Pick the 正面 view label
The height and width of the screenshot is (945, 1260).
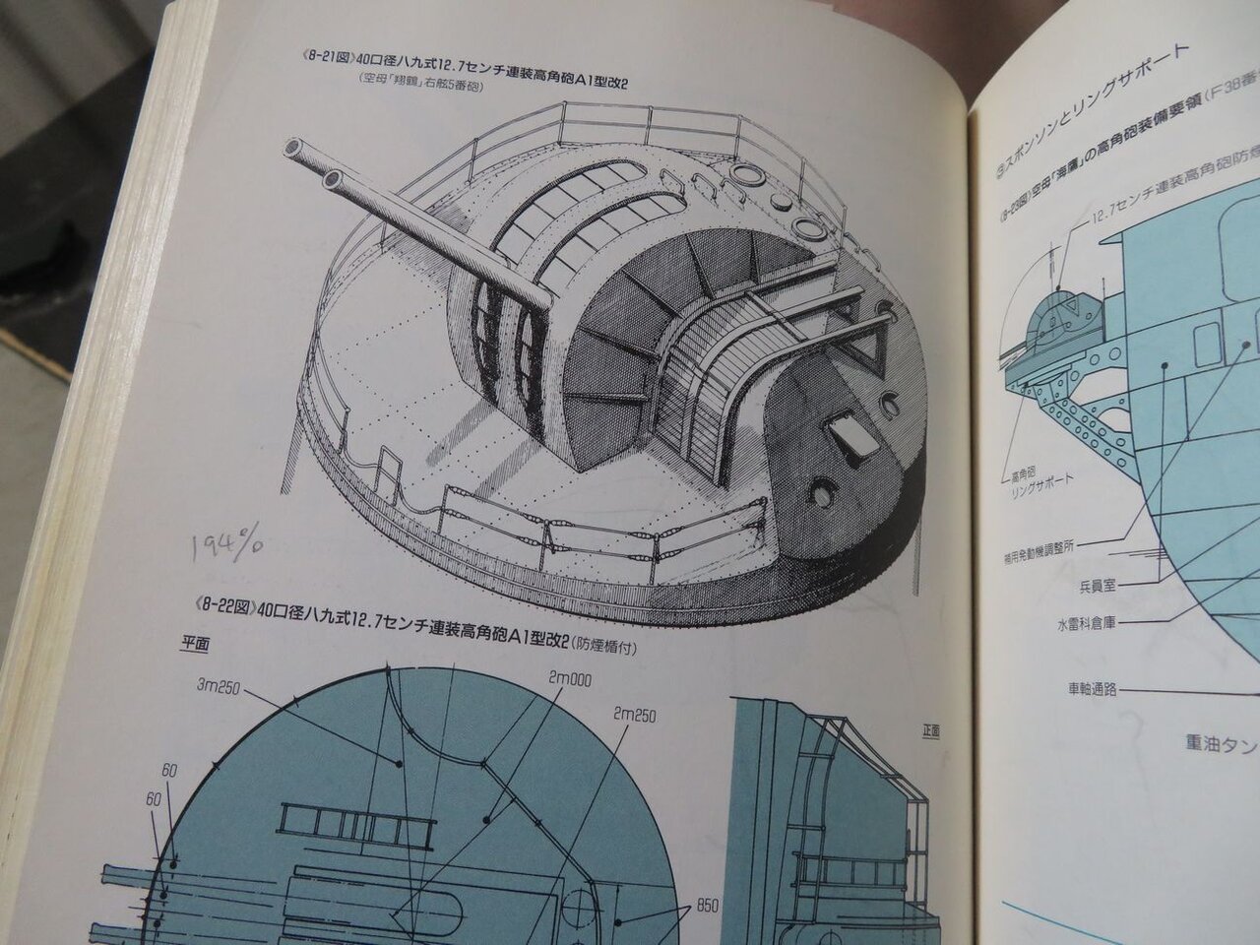[x=930, y=730]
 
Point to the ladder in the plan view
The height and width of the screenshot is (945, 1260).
[x=354, y=815]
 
